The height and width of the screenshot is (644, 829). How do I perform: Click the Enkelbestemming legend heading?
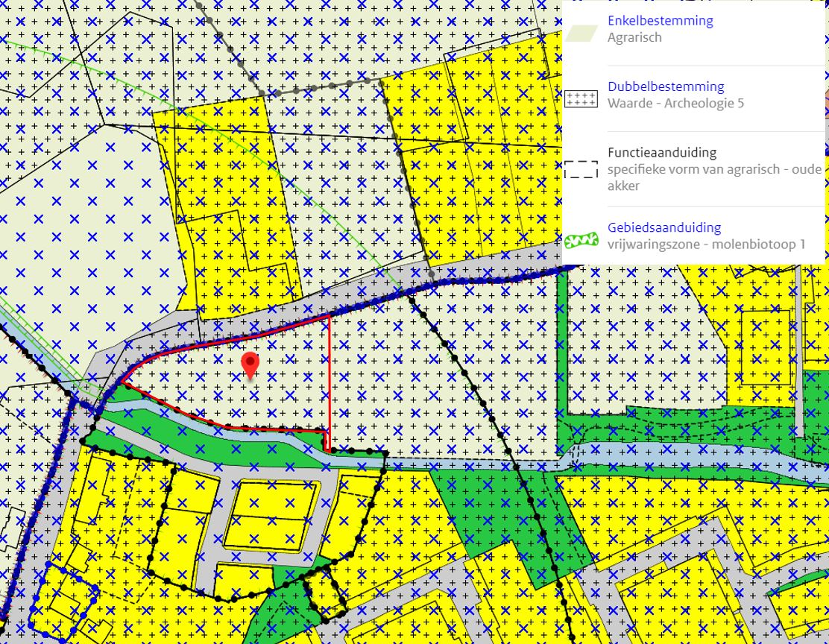(660, 21)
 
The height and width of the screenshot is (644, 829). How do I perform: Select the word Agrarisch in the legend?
(634, 37)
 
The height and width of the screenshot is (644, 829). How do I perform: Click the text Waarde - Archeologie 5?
(675, 103)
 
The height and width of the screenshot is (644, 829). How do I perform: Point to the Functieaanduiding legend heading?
(661, 152)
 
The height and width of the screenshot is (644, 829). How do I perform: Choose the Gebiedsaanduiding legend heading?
(663, 227)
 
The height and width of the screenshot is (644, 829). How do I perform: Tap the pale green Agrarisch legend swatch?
(581, 32)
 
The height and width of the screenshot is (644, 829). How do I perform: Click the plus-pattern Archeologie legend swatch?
(581, 98)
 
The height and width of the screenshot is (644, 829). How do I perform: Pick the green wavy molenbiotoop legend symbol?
(581, 240)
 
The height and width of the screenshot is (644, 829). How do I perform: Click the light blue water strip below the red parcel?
(224, 438)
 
